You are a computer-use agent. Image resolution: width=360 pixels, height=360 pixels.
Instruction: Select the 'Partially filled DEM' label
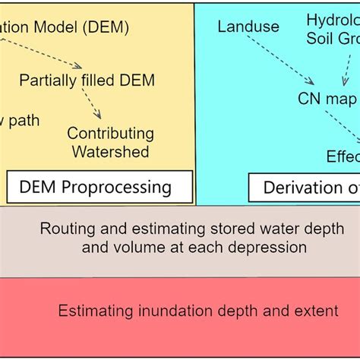tap(87, 81)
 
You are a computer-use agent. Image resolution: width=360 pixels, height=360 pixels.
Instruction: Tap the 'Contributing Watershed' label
tap(110, 142)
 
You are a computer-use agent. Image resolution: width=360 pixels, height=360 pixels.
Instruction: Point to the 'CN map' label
tap(322, 98)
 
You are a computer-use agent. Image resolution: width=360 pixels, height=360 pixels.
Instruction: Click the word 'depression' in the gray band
tap(271, 247)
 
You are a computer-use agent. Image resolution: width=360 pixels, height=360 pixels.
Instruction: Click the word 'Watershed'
tap(110, 151)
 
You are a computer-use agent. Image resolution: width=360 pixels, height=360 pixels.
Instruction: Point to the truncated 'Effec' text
tap(343, 156)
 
